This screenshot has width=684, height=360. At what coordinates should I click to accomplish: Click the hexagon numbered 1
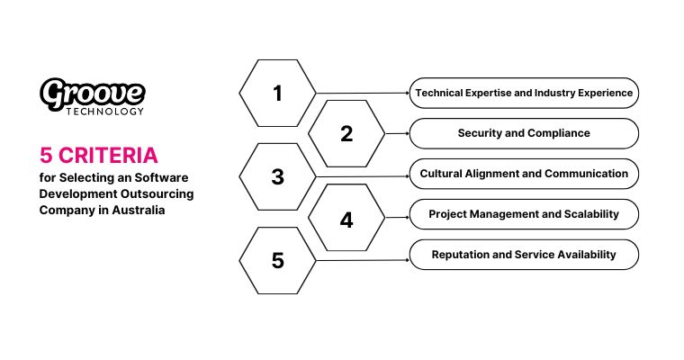pyautogui.click(x=277, y=93)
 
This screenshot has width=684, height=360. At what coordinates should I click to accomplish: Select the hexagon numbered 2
pyautogui.click(x=346, y=134)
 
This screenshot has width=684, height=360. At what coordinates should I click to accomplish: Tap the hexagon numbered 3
pyautogui.click(x=277, y=176)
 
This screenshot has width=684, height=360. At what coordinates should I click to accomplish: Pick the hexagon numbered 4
pyautogui.click(x=346, y=219)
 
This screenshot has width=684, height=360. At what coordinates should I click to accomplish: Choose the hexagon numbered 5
pyautogui.click(x=277, y=261)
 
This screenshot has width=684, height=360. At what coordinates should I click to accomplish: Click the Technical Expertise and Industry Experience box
pyautogui.click(x=524, y=93)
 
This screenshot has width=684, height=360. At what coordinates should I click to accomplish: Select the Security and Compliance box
pyautogui.click(x=524, y=133)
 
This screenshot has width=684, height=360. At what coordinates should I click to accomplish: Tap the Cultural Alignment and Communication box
pyautogui.click(x=524, y=173)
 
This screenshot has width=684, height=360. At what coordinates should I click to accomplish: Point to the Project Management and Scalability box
pyautogui.click(x=524, y=214)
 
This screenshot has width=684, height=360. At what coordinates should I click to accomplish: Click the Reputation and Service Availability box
pyautogui.click(x=524, y=255)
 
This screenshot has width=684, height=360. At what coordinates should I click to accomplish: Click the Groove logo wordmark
pyautogui.click(x=92, y=92)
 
